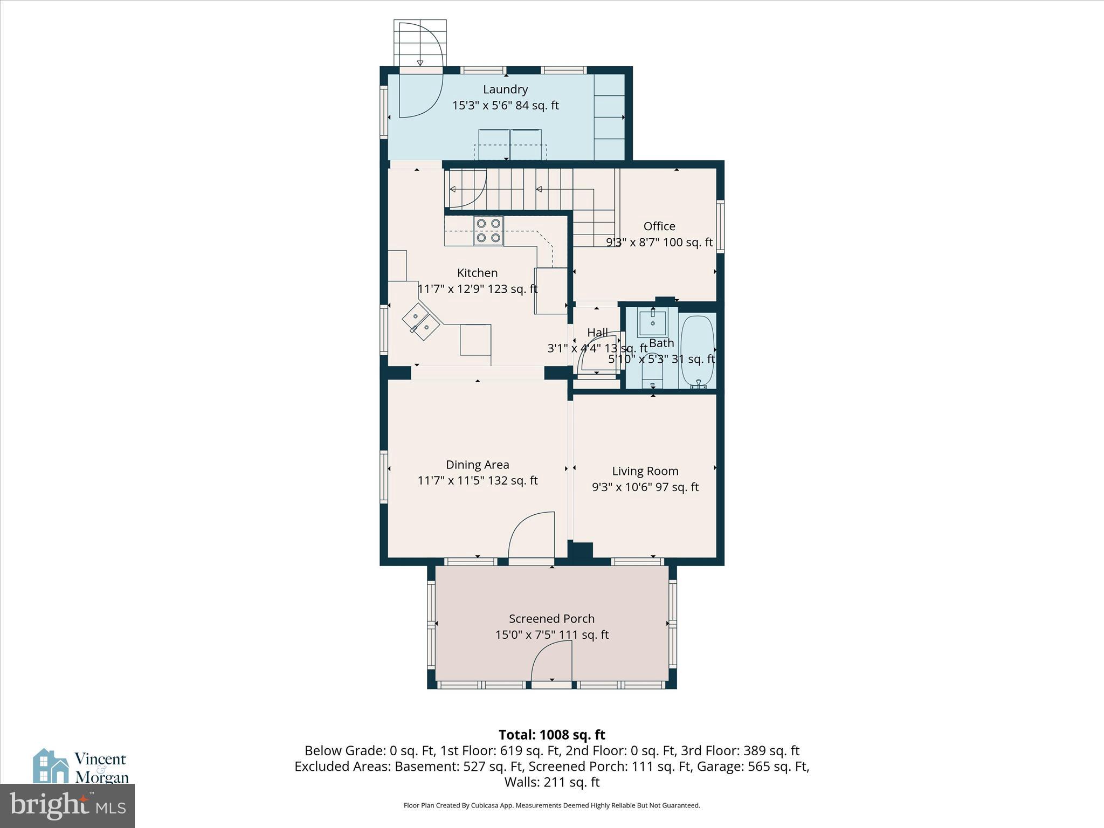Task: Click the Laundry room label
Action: [505, 89]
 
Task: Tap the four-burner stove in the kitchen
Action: [488, 231]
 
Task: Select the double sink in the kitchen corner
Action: [421, 321]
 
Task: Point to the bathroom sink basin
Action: [653, 323]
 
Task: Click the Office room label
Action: [659, 226]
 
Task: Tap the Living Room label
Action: [645, 471]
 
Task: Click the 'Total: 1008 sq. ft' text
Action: [551, 735]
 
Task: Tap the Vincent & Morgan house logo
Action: [51, 765]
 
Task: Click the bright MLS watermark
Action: [67, 805]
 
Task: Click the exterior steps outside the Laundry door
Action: [420, 43]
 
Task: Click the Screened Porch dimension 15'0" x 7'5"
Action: [552, 635]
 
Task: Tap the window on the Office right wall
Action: [720, 226]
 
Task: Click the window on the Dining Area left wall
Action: [384, 477]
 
